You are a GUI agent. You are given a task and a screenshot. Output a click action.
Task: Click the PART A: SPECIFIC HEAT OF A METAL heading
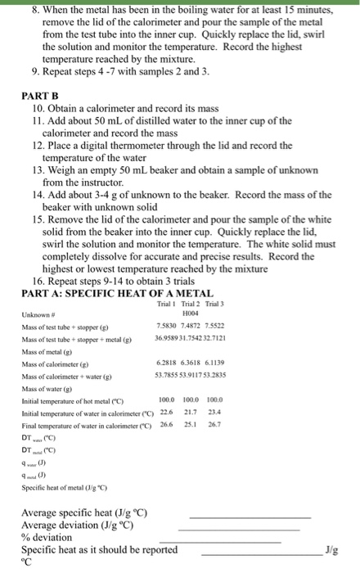[118, 294]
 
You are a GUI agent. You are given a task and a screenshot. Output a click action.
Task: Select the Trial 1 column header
[166, 305]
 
